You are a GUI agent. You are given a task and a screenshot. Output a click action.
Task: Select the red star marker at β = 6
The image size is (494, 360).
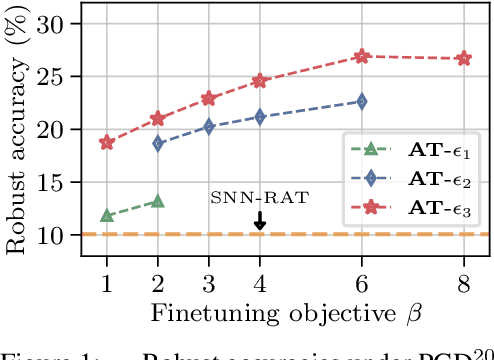[x=362, y=57]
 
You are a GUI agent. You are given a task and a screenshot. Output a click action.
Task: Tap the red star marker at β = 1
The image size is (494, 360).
[x=107, y=142]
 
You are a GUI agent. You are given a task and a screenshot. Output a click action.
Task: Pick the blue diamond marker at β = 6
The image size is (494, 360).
[x=362, y=101]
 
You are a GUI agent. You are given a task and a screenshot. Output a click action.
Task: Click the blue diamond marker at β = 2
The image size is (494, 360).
[x=158, y=143]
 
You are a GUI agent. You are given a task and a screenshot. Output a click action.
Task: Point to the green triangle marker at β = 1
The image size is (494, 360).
[x=107, y=216]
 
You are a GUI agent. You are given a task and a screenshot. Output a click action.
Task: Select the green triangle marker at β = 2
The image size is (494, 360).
[x=158, y=201]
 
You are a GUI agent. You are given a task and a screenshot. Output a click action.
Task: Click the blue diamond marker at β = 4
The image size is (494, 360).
[x=260, y=117]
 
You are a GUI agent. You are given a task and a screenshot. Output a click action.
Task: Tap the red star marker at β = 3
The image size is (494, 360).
[x=209, y=98]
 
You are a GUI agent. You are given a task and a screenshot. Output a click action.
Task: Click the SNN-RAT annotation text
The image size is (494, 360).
[x=259, y=197]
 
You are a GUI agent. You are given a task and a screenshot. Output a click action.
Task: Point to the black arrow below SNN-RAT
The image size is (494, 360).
[x=260, y=219]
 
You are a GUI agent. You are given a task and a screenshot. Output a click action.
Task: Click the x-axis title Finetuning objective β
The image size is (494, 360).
[x=285, y=312]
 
